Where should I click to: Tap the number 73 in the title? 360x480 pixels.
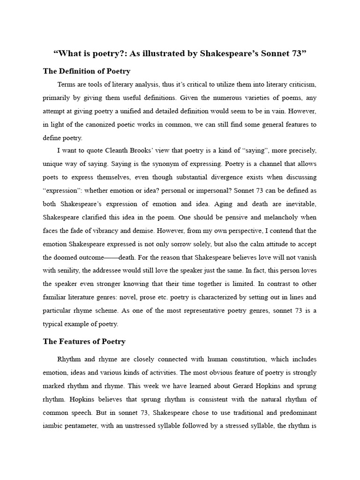294,53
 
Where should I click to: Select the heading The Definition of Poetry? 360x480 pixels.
87,71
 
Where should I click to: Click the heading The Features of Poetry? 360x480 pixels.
84,341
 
